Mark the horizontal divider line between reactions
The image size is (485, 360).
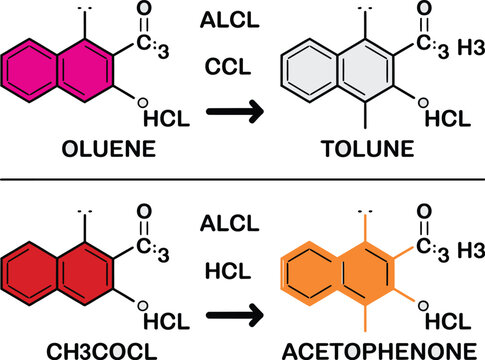click(x=242, y=180)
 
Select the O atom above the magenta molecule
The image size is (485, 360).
click(x=144, y=17)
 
